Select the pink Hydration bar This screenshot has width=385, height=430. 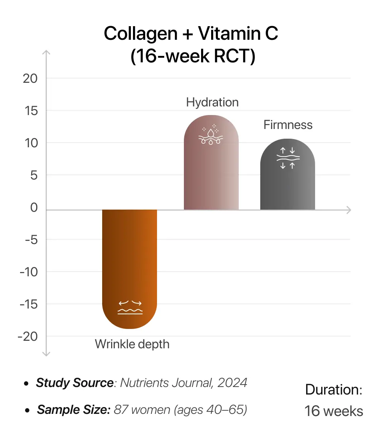coord(211,176)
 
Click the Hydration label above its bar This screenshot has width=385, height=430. coord(212,102)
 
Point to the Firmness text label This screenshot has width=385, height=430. coord(288,125)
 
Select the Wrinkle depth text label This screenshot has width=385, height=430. coord(132,344)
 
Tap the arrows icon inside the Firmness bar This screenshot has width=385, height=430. coord(288,158)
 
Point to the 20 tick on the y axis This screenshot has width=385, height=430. coord(30,78)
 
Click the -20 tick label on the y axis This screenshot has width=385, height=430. coord(28,336)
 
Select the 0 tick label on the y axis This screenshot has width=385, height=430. coord(34,207)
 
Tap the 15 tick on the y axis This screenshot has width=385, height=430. coord(31,111)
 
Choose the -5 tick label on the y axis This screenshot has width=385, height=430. coord(31,240)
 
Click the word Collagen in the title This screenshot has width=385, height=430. coord(141,34)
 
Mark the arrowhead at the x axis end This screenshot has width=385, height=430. coord(348,210)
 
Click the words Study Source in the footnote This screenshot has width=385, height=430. coord(75,383)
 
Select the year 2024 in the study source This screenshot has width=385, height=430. coord(232,383)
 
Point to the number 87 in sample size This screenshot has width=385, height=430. coord(121,410)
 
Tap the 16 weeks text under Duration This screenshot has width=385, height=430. coord(334,411)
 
